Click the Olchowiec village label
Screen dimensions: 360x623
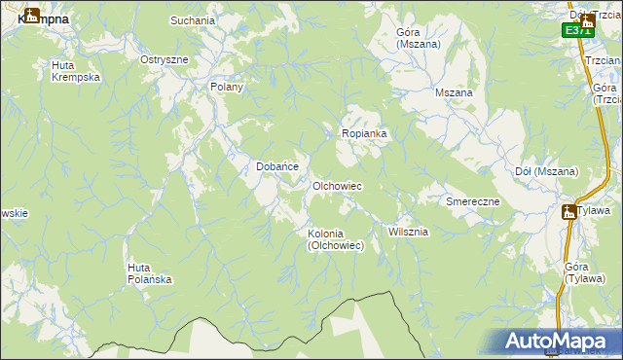[x=337, y=185]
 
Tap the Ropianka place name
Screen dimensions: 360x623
[x=364, y=132]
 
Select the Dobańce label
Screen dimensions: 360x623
[x=276, y=166]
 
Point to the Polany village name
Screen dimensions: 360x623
[x=226, y=87]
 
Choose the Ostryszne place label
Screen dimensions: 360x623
[x=164, y=59]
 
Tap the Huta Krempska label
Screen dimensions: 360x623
[x=76, y=71]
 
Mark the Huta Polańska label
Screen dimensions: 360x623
[x=150, y=273]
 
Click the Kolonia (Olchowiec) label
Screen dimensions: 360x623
[x=336, y=239]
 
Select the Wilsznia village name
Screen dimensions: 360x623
[x=408, y=232]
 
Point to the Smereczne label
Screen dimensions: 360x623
[x=472, y=201]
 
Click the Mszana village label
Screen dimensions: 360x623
[x=454, y=92]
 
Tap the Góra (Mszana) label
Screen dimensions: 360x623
[x=419, y=38]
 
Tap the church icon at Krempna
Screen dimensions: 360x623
[x=29, y=15]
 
